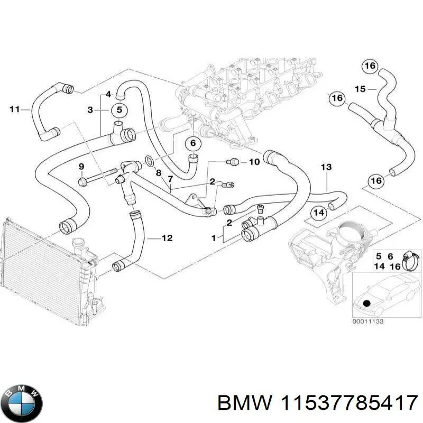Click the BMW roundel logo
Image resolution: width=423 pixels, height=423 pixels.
click(x=24, y=404)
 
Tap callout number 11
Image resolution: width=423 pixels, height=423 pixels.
click(x=15, y=109)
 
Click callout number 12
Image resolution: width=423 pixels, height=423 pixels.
click(x=167, y=238)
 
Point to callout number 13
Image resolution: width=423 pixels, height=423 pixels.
click(x=326, y=167)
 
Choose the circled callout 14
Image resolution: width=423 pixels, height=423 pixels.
click(x=319, y=213)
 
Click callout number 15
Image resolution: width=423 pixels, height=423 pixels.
click(x=360, y=89)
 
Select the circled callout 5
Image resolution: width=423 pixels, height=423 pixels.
click(x=119, y=110)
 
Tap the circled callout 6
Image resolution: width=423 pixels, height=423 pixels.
click(x=193, y=143)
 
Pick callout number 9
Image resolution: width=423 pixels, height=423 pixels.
click(x=81, y=167)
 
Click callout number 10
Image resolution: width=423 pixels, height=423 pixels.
click(x=254, y=162)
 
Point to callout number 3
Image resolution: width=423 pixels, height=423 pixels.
click(x=90, y=110)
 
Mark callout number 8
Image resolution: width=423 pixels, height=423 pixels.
click(x=158, y=172)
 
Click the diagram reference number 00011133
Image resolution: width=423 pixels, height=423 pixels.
click(x=367, y=321)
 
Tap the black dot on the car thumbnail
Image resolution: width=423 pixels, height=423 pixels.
click(x=366, y=304)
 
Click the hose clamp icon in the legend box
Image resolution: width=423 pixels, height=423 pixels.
click(x=410, y=261)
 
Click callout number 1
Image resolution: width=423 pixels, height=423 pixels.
click(x=214, y=238)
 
